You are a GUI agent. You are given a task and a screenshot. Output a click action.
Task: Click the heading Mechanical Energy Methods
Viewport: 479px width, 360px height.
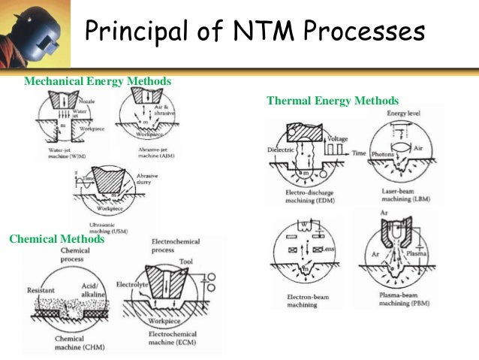coord(98,80)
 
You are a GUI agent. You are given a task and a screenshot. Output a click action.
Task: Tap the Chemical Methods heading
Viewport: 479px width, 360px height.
coord(56,239)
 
